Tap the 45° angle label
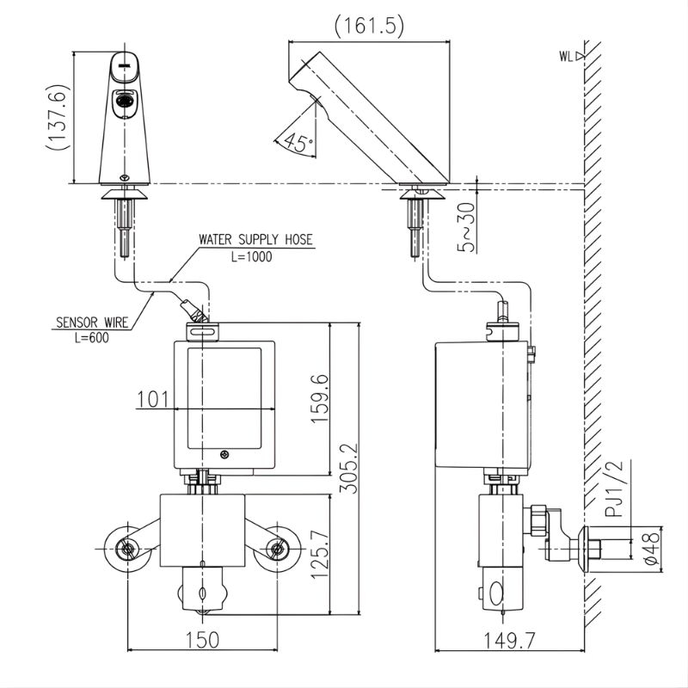tap(298, 143)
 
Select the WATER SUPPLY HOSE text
tap(256, 240)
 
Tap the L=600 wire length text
tap(92, 338)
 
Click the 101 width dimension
tap(151, 399)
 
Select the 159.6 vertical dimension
tap(319, 397)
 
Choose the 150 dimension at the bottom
tap(202, 639)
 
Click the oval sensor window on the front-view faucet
tap(124, 100)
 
